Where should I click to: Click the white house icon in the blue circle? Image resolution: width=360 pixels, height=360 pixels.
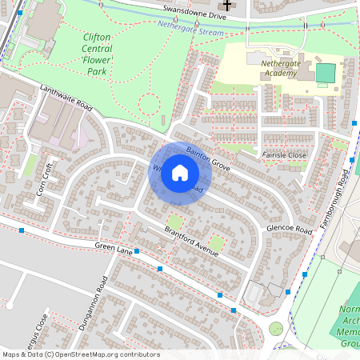click(x=180, y=172)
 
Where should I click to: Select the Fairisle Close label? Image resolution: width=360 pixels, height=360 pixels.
click(x=284, y=154)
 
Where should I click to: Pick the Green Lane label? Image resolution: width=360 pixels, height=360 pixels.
click(x=111, y=249)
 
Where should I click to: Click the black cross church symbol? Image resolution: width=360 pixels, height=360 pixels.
click(x=227, y=6)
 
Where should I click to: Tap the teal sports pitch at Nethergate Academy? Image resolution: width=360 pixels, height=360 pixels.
click(x=325, y=74)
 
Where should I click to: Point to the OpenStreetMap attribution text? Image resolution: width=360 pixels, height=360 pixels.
click(x=80, y=354)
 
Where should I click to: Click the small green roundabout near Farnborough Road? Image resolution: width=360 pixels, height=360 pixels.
click(x=276, y=328)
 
